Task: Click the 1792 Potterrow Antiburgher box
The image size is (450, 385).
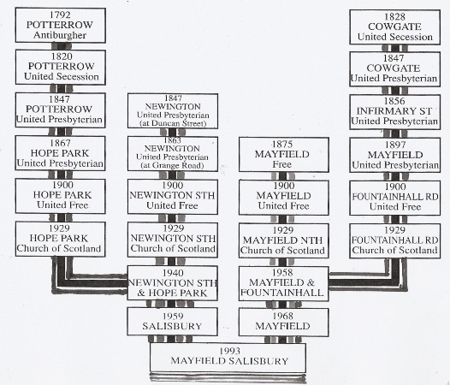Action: coord(60,25)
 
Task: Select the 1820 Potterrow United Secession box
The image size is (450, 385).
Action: coord(60,66)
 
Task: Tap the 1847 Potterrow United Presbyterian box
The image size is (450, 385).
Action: coord(60,110)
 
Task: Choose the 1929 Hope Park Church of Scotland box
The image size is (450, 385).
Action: coord(60,239)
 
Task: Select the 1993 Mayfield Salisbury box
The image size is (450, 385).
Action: coord(228,357)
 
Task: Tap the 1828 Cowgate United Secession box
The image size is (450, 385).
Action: coord(389,25)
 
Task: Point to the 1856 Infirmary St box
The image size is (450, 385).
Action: coord(389,110)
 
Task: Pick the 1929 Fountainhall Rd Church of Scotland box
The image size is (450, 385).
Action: coord(389,239)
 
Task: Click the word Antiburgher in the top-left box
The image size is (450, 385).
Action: coord(60,35)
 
